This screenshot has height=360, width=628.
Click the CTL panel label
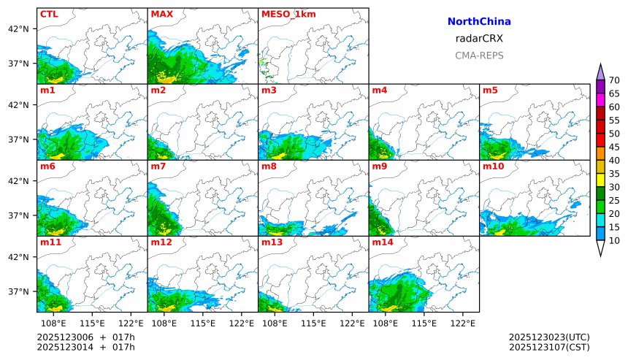click(49, 14)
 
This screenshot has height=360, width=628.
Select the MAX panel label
click(161, 14)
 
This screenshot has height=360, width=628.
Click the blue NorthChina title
click(479, 22)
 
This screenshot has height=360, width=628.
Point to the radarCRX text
click(479, 39)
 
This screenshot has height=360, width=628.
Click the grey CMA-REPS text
click(479, 55)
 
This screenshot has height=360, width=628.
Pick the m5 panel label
click(490, 91)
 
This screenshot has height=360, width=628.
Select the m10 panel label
click(493, 166)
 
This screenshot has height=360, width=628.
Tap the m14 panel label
click(382, 242)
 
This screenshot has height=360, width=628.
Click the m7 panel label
click(158, 166)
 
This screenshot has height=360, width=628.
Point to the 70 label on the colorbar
click(614, 80)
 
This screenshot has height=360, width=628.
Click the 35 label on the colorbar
click(614, 174)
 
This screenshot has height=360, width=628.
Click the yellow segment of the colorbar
click(600, 180)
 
